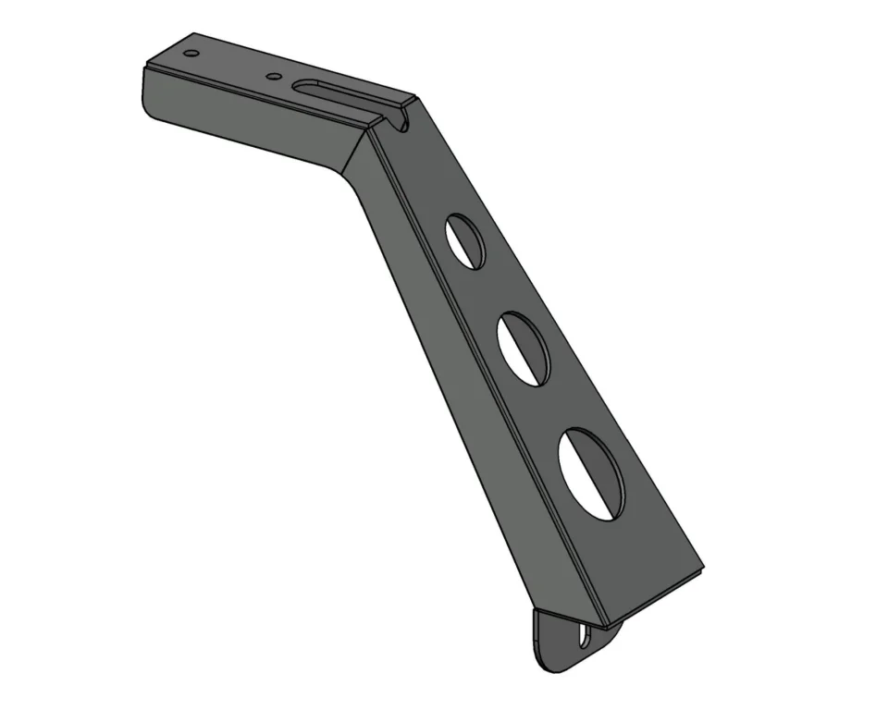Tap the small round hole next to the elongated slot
[x=273, y=77]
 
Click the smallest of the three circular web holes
[x=465, y=241]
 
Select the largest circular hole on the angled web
[x=592, y=472]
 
